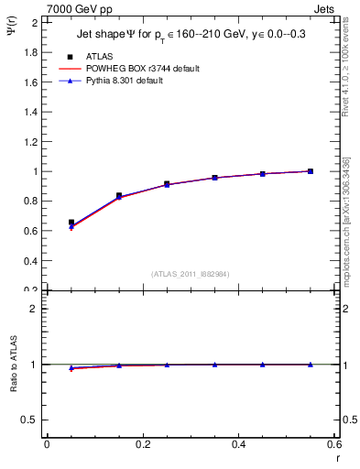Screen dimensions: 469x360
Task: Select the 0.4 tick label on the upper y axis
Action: pos(30,261)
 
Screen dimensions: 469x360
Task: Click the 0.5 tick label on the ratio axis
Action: pos(30,420)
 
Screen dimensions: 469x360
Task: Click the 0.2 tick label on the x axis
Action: pos(142,445)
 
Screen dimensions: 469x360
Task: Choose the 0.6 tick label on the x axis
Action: pos(334,445)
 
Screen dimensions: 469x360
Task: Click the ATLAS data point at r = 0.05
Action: pos(71,223)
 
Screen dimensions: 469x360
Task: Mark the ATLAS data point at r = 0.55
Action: pos(311,171)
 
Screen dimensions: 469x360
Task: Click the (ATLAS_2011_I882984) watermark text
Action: pos(190,274)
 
